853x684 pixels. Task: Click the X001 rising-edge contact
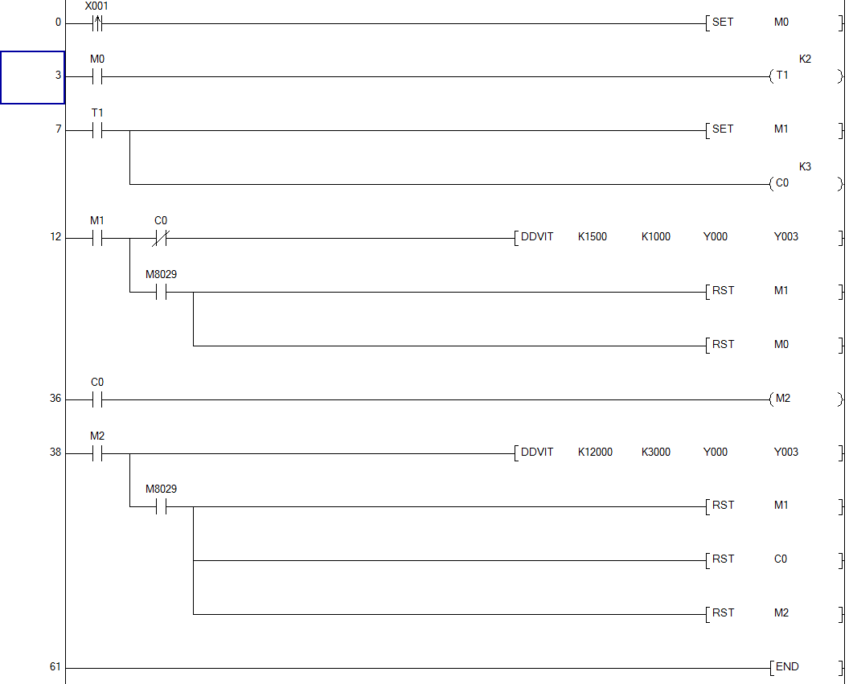97,23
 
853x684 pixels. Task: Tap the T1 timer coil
782,76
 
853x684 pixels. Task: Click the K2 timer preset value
805,59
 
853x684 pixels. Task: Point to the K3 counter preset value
805,166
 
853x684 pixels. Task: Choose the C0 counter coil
782,184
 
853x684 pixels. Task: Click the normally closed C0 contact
161,238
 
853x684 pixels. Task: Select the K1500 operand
593,237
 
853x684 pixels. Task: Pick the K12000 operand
595,452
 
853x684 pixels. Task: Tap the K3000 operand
655,452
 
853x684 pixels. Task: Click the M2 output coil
781,399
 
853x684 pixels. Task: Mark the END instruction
786,667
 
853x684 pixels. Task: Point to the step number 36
55,399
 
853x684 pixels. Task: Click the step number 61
55,667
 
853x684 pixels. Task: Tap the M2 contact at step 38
97,453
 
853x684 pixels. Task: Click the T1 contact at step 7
97,130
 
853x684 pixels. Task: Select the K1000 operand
655,237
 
